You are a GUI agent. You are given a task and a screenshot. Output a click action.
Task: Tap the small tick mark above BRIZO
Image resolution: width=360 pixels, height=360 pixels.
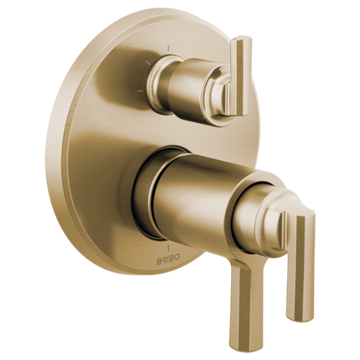[169, 249]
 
